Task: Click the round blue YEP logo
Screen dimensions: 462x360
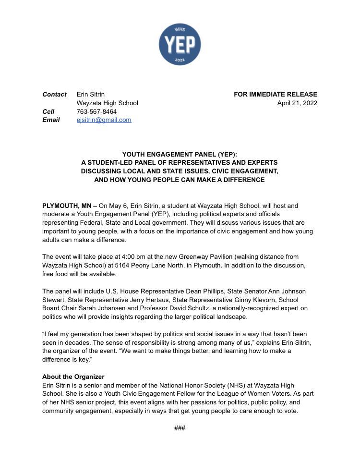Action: point(180,44)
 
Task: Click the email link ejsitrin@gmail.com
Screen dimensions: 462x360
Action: point(104,120)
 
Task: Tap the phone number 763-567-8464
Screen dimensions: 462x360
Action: point(96,111)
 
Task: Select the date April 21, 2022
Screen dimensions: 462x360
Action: point(297,103)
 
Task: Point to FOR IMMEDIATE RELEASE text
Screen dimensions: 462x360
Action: point(276,94)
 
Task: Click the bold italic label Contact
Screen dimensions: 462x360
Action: point(54,94)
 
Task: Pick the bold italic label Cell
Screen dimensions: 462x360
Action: point(48,111)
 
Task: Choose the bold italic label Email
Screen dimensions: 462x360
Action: point(51,120)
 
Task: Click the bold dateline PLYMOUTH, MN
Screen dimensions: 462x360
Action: point(66,206)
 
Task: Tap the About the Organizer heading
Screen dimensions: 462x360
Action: point(73,377)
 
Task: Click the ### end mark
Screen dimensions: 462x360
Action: point(180,428)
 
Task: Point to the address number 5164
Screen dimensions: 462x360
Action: point(123,266)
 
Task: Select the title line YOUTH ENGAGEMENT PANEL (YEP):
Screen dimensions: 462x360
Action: point(180,154)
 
